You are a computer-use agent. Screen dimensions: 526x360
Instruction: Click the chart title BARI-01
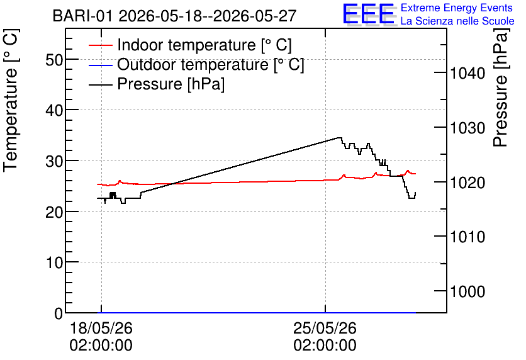(x=82, y=16)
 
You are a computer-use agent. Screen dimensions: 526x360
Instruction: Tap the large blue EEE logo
(x=368, y=14)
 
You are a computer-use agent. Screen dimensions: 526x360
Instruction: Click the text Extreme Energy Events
(x=457, y=8)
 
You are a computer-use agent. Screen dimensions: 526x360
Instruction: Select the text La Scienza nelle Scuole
(x=457, y=21)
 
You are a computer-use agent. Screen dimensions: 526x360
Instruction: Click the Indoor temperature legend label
(x=204, y=45)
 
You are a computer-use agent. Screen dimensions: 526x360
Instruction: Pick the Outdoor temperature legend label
(x=211, y=64)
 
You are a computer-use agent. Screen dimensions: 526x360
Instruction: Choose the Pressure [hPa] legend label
(x=171, y=84)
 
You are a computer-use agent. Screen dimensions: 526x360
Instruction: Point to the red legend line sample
(x=100, y=45)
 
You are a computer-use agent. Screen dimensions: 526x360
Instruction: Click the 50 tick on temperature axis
(x=54, y=60)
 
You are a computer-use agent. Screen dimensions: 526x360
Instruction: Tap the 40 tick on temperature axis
(x=54, y=110)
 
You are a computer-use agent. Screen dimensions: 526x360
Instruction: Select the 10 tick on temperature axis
(x=54, y=262)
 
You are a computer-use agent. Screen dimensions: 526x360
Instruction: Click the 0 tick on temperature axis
(x=59, y=313)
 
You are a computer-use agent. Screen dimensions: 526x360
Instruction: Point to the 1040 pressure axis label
(x=467, y=73)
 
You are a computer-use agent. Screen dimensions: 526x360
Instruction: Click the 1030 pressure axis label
(x=467, y=128)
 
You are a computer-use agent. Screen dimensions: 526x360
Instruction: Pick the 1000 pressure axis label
(x=467, y=291)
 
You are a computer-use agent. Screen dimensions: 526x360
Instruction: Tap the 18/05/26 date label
(x=101, y=328)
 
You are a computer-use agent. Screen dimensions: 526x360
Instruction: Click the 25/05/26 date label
(x=325, y=328)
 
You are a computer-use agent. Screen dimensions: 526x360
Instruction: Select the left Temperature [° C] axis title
(x=11, y=101)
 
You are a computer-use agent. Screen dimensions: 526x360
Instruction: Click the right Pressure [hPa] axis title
(x=501, y=88)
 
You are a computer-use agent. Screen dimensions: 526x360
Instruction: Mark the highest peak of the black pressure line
(x=339, y=138)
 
